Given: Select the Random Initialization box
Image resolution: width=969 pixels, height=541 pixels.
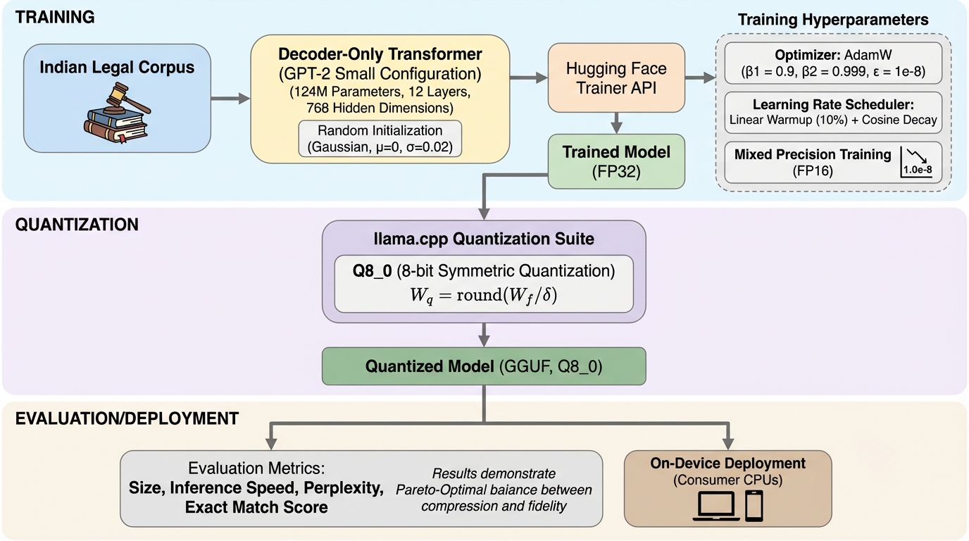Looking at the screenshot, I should pos(380,139).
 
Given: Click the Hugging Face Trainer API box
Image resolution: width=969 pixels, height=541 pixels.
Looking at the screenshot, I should pos(616,77).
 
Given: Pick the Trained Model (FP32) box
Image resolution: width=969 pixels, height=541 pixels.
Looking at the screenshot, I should pos(616,161).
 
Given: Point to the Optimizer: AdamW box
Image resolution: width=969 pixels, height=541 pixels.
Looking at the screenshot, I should pos(833,63).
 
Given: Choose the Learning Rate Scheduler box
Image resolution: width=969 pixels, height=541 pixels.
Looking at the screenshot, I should pos(833,111).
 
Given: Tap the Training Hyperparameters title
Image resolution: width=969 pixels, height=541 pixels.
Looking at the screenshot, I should pos(833,20).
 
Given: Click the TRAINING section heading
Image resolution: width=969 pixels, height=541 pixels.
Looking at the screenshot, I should pos(55,18).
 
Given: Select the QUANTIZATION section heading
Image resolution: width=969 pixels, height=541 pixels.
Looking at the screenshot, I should pos(77,225).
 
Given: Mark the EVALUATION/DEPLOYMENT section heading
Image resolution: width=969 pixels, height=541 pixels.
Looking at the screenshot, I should pos(127,418).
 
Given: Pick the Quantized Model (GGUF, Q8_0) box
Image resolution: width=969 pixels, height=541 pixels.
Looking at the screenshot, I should pos(483,366).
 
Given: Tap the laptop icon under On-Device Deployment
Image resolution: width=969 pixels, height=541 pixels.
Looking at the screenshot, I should pos(716,506).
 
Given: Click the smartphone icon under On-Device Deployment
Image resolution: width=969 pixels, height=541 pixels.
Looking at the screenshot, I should pos(754,505).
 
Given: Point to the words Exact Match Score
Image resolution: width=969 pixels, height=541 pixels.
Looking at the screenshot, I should pos(256,506).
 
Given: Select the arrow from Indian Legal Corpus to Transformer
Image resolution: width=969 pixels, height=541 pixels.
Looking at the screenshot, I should pos(230,99).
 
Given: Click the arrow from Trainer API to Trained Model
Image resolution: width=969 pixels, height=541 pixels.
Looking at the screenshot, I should pos(616,123).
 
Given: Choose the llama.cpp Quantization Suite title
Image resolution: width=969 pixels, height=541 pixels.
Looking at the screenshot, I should pos(483,239).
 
